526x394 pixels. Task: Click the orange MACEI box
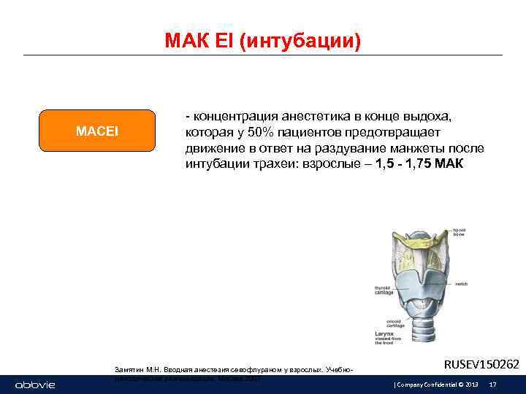[x=97, y=131]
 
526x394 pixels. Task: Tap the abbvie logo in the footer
[x=35, y=385]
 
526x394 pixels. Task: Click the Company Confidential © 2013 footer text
[x=436, y=385]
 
